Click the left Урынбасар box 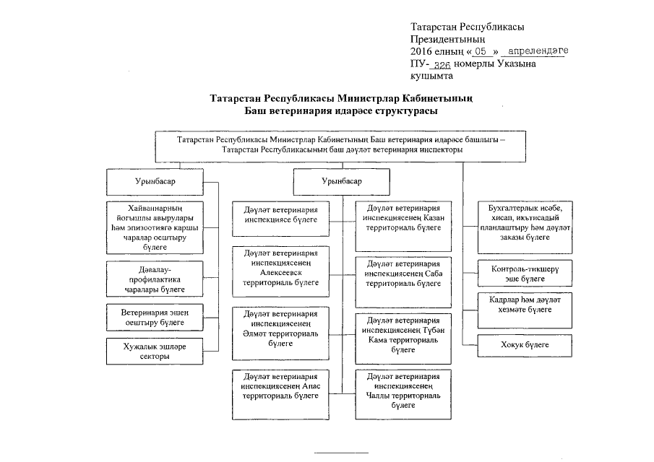[155, 180]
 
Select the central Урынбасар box [341, 180]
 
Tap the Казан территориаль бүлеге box [403, 217]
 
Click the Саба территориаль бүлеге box [403, 274]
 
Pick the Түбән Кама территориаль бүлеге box [403, 334]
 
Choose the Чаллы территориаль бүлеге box [403, 391]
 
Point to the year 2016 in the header [422, 51]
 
